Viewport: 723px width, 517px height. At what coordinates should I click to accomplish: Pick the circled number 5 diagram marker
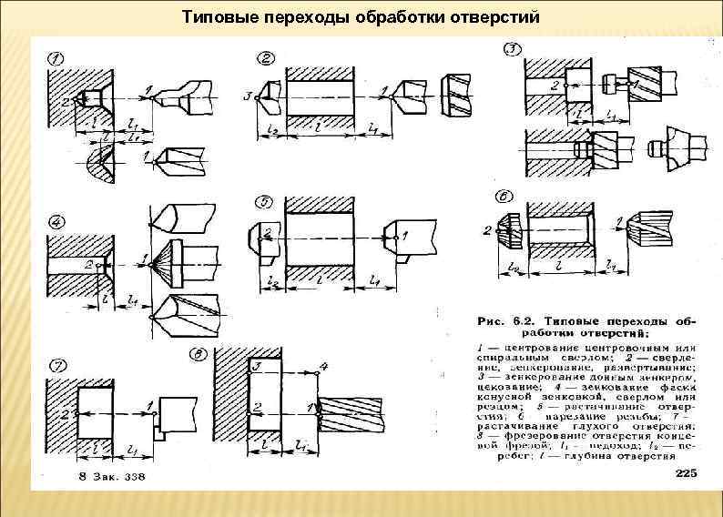265,201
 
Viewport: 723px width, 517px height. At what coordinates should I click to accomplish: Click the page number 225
686,473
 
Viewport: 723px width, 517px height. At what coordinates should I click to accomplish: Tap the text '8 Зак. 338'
110,477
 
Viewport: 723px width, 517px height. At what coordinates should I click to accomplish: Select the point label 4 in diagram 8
324,366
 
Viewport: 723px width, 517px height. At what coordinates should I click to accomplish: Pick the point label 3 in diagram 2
247,95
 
